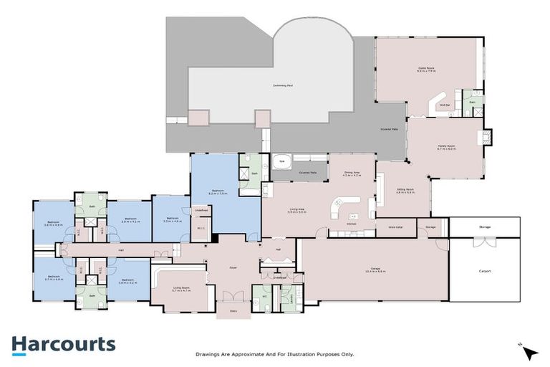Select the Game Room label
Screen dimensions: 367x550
click(x=427, y=70)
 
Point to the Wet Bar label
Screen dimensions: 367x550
click(x=444, y=104)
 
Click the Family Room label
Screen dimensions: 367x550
click(x=447, y=147)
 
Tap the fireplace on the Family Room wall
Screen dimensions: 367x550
click(x=488, y=136)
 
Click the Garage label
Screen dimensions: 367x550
click(x=376, y=270)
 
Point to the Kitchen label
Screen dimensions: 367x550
click(x=351, y=224)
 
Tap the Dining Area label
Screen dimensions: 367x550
click(x=351, y=173)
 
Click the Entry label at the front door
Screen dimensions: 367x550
click(x=233, y=310)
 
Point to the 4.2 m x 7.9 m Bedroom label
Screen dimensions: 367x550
click(x=218, y=192)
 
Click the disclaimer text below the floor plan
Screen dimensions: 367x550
click(x=275, y=354)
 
